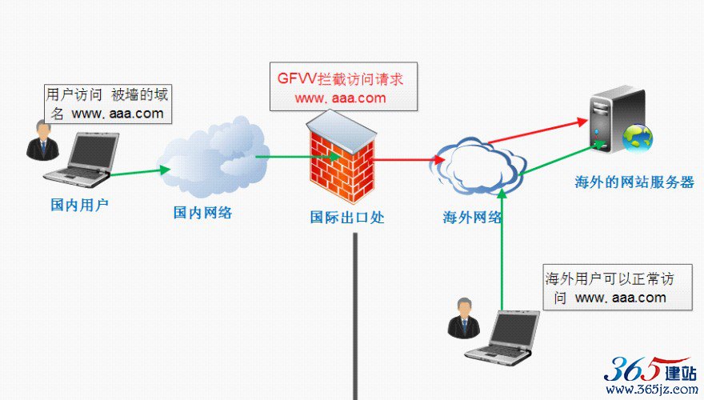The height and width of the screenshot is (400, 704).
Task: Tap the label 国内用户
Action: (x=79, y=205)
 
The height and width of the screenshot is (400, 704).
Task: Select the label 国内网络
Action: (x=202, y=212)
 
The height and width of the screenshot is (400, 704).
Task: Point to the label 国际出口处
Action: (x=347, y=218)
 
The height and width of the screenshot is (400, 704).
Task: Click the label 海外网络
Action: (x=472, y=218)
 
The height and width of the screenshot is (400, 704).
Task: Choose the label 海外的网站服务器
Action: (x=634, y=182)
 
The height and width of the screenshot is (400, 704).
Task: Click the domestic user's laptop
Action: (x=82, y=159)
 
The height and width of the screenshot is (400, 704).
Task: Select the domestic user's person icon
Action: (x=42, y=140)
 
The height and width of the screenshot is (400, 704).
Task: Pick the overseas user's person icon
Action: (x=464, y=318)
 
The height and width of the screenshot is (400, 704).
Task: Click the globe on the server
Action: (x=637, y=138)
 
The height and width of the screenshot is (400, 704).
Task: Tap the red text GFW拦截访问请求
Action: (x=341, y=79)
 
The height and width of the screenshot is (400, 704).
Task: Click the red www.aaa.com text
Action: (x=340, y=98)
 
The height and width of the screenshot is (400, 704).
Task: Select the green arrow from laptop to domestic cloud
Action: (x=141, y=172)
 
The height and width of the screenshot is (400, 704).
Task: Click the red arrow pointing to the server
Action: (x=538, y=131)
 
